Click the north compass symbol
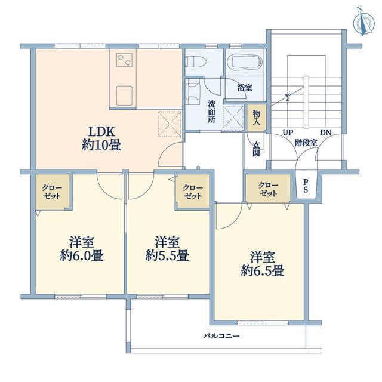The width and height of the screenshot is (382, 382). coord(363,22)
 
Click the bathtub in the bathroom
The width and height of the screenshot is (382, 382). coord(247,62)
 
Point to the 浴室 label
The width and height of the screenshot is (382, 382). coord(245,88)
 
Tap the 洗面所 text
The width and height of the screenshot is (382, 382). coord(211,112)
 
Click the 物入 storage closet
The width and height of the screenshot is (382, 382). coord(256,118)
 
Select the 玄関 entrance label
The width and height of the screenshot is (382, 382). coord(256,149)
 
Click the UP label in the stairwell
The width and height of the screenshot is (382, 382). coord(288,133)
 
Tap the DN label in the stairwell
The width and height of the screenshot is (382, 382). coord(326,133)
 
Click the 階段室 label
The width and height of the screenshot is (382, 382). coord(306,143)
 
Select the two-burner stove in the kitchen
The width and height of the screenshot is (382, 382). coord(125,60)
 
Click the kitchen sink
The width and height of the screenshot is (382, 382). coord(124,95)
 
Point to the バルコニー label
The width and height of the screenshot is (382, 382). coord(221,336)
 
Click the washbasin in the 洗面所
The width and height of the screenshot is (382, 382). coord(193,93)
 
